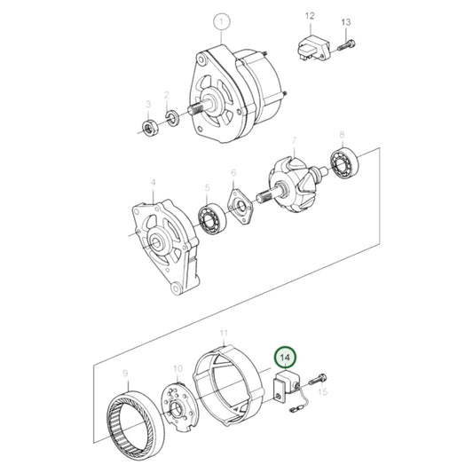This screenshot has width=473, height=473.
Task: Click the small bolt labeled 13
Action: tap(347, 42)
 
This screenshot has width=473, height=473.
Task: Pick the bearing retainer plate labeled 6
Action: tap(237, 207)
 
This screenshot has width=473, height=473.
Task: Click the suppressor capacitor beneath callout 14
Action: tap(287, 384)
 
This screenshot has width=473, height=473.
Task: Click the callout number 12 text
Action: tap(310, 16)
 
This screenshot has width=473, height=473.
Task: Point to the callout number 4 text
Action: tap(152, 183)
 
